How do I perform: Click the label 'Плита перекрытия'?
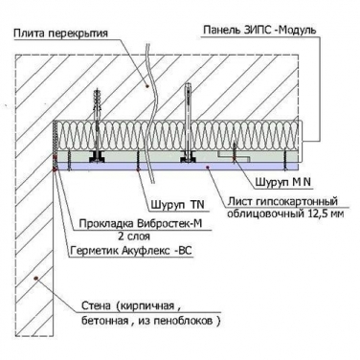pos(61,34)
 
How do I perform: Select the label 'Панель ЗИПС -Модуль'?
pos(259,31)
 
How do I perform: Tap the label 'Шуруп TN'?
pos(177,205)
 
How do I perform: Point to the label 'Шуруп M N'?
pos(283,182)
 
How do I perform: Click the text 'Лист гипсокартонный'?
pos(282,202)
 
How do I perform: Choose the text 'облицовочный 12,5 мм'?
pos(285,214)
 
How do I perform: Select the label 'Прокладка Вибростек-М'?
pos(141,224)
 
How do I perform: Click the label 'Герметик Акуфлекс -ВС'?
pos(130,251)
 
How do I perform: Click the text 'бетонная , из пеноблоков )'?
pos(150,321)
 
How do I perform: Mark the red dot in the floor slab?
pos(147,85)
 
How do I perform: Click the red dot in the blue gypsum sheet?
pos(208,167)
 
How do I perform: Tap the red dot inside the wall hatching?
pos(36,279)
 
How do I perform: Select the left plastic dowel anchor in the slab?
pos(98,104)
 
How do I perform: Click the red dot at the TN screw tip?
pos(138,170)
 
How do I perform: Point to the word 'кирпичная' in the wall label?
pos(146,306)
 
